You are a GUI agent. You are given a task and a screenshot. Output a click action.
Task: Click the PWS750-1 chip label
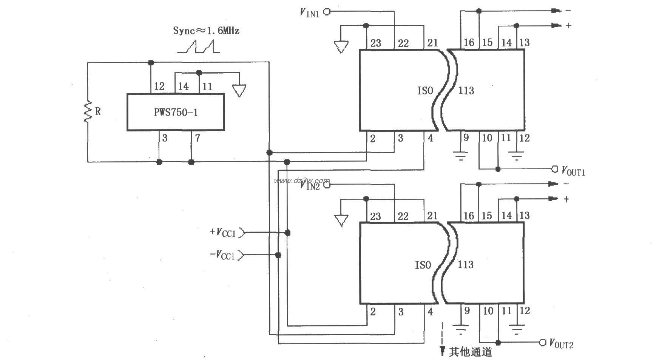click(176, 113)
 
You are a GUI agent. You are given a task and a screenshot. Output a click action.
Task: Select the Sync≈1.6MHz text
click(206, 31)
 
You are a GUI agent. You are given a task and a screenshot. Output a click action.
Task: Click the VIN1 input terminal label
click(310, 12)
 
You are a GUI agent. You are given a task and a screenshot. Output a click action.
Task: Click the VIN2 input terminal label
click(310, 185)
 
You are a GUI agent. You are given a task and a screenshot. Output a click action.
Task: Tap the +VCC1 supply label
click(222, 232)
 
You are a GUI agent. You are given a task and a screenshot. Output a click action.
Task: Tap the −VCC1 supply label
click(222, 255)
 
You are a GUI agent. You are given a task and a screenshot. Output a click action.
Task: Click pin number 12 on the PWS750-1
click(159, 87)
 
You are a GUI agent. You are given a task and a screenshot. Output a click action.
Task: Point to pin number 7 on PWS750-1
click(198, 138)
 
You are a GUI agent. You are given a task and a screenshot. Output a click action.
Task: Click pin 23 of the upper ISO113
click(375, 43)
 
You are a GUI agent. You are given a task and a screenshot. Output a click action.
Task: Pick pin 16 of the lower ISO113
click(468, 216)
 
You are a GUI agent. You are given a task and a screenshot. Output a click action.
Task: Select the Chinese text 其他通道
click(471, 352)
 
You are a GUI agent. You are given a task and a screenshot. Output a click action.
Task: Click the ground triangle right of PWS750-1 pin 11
click(239, 91)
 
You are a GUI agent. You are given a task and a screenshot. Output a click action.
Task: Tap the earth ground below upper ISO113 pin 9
click(461, 156)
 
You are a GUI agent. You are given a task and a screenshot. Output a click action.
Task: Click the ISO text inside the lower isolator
click(423, 265)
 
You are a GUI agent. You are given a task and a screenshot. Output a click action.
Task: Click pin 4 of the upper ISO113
click(430, 138)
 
